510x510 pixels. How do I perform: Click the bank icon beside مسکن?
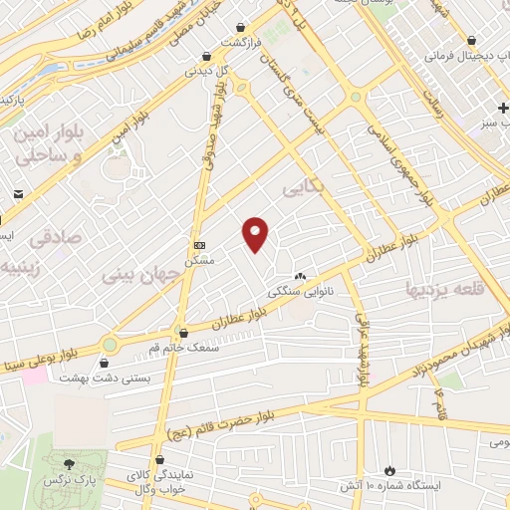(x=199, y=244)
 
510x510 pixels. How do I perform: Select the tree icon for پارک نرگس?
(x=69, y=463)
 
